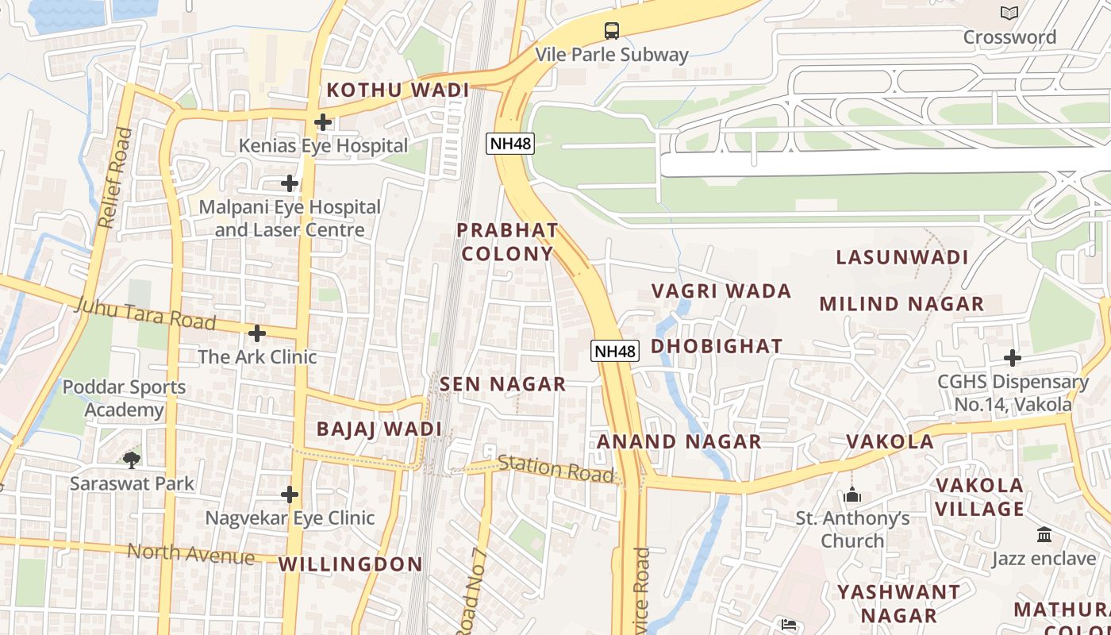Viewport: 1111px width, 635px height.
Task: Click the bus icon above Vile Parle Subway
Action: click(611, 31)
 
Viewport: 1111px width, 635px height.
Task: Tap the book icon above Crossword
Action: click(1009, 13)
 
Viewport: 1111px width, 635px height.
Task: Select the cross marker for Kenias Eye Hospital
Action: click(322, 122)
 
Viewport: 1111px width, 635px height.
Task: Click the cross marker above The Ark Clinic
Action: click(256, 333)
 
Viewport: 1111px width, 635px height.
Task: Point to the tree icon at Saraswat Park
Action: click(132, 459)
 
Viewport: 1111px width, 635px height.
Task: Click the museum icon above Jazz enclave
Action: click(1044, 535)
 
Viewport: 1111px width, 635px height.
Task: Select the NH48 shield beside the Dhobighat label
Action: click(615, 351)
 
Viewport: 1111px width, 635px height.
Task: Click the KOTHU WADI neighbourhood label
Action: click(398, 90)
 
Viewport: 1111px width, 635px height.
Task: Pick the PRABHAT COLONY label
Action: click(507, 242)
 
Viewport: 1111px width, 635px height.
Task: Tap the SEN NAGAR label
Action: click(503, 384)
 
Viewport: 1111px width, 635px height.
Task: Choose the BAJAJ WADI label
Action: click(379, 429)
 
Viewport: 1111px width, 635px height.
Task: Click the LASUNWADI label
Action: click(902, 257)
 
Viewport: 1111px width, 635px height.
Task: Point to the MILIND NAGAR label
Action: click(901, 304)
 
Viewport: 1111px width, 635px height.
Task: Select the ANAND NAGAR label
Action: click(679, 442)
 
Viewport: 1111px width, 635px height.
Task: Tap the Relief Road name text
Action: click(113, 179)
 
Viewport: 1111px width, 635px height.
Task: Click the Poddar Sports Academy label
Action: click(124, 398)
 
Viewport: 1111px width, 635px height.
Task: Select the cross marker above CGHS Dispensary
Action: click(1012, 358)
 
